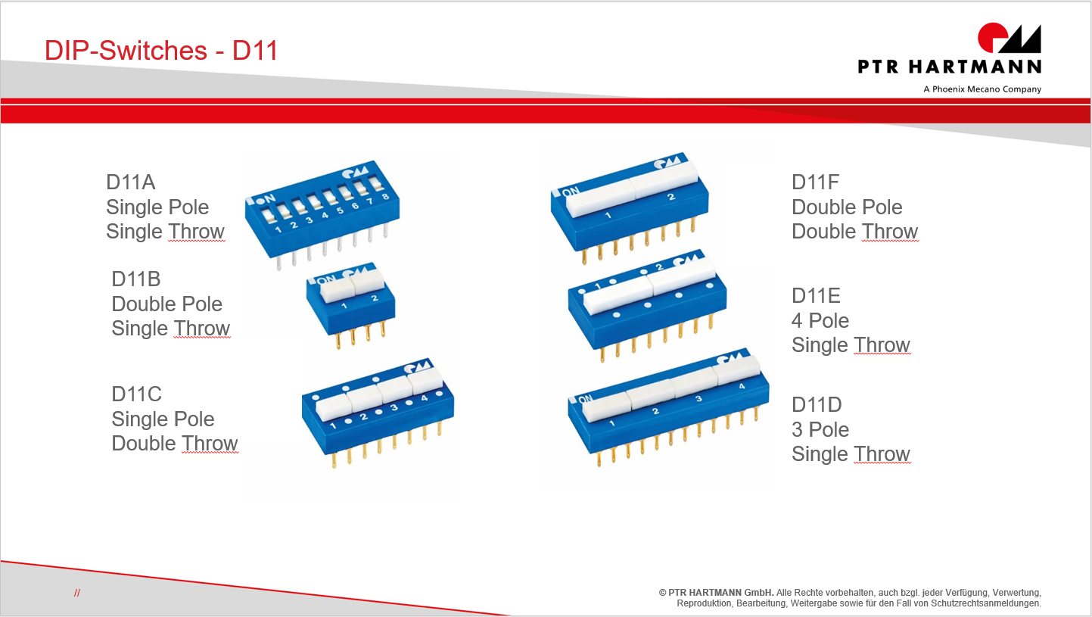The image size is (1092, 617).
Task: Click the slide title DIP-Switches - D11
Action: (x=161, y=50)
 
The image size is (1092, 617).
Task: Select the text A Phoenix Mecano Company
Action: (x=982, y=89)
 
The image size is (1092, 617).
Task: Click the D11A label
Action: (x=131, y=182)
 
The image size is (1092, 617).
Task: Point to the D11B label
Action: (x=136, y=279)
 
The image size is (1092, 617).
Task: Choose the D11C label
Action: (x=136, y=394)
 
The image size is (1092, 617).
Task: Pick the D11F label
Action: (x=815, y=182)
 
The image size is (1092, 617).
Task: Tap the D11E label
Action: (x=816, y=295)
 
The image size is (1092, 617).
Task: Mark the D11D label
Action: (x=817, y=405)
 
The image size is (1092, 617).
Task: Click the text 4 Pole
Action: (x=820, y=320)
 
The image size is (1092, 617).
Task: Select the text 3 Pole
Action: (x=820, y=430)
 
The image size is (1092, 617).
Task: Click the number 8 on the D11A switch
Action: (x=385, y=197)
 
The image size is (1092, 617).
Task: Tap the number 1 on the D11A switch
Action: (x=278, y=229)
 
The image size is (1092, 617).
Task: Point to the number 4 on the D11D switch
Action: (x=742, y=386)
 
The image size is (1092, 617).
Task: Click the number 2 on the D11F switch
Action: (x=671, y=197)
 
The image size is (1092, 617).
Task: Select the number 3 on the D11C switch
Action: (x=394, y=407)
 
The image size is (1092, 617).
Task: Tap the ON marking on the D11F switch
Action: (x=571, y=192)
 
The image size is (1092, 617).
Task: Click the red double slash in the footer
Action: (x=77, y=593)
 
